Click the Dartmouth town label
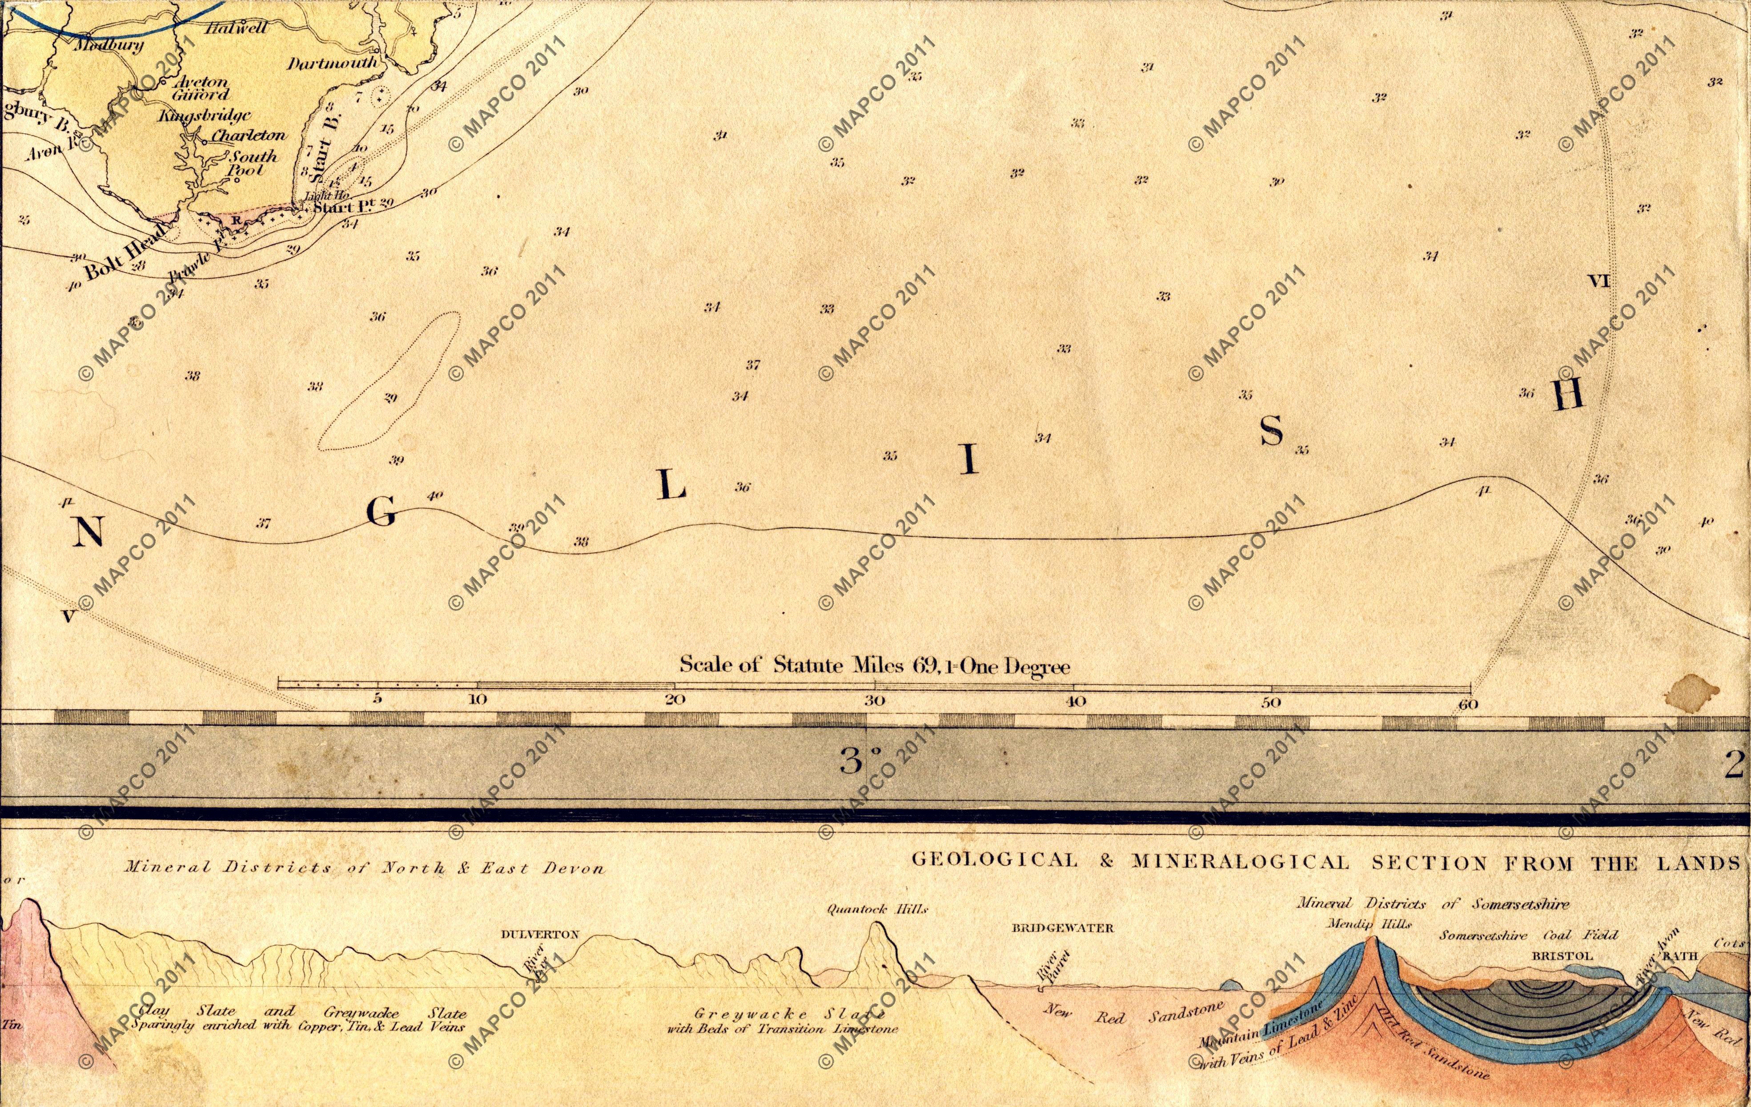coord(333,63)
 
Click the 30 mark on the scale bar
coord(874,702)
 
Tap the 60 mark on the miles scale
coord(1468,703)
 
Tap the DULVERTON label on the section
coord(540,934)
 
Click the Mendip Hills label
coord(1369,924)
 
